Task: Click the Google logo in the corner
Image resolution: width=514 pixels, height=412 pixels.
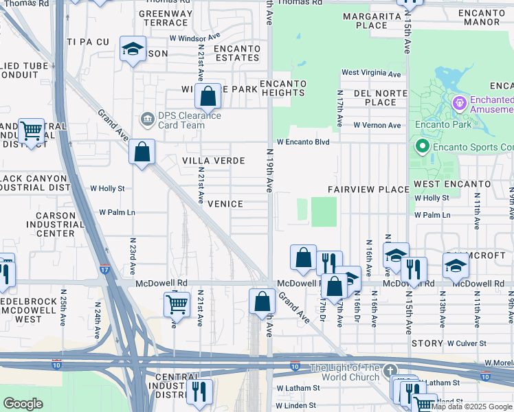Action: pos(23,404)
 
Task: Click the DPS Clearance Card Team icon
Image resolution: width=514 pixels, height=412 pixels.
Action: pos(147,120)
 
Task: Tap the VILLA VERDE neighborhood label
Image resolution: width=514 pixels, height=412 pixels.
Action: pos(213,161)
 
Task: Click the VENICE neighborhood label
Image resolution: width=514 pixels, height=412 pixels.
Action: pos(225,204)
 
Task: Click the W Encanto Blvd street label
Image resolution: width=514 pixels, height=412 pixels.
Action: pos(303,142)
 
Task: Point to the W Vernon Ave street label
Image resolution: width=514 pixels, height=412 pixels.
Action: pos(377,126)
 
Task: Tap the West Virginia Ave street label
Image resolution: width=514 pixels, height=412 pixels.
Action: pos(371,73)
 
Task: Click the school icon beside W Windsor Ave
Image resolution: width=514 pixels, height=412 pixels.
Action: pos(133,49)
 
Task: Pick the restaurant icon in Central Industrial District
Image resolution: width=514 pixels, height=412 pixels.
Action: pos(199,391)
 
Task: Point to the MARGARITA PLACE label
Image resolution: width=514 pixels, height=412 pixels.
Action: pos(372,21)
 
